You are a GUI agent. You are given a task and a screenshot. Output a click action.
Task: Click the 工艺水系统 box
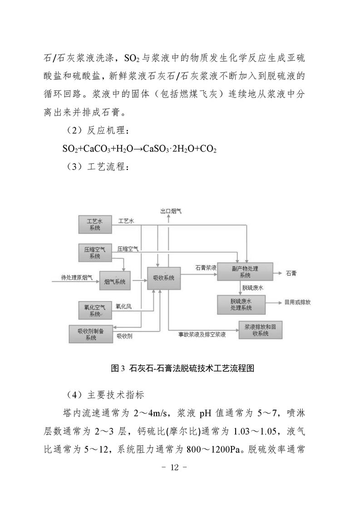click(x=95, y=224)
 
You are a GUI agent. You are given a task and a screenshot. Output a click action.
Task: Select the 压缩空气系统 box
click(x=95, y=253)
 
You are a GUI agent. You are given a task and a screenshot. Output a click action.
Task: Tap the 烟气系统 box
click(x=115, y=281)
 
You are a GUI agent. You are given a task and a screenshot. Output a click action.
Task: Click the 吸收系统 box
click(x=164, y=278)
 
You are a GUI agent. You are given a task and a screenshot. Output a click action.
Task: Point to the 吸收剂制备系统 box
click(x=91, y=334)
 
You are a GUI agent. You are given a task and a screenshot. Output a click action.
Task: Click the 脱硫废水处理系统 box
click(x=242, y=305)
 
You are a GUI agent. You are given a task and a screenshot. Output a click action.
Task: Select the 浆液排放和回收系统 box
click(x=261, y=330)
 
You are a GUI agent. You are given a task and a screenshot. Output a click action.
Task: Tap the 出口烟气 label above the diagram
click(x=171, y=211)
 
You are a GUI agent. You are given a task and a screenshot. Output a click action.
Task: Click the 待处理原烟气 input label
click(x=77, y=278)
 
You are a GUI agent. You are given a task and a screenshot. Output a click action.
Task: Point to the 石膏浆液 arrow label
click(x=206, y=268)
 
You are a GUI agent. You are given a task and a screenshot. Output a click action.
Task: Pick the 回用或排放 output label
click(x=298, y=302)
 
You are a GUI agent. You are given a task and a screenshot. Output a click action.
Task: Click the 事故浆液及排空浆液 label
click(x=202, y=334)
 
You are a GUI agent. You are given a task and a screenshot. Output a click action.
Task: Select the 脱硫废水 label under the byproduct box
click(x=253, y=288)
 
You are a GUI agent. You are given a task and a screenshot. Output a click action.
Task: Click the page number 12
click(x=174, y=467)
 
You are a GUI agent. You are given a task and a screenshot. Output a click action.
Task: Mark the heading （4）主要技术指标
click(x=105, y=395)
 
